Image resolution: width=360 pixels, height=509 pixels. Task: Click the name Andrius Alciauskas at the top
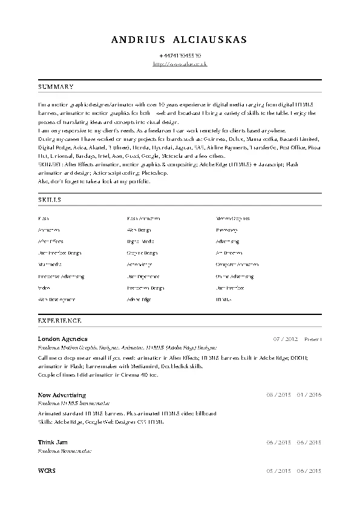point(180,40)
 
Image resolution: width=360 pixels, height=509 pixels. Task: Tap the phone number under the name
point(180,56)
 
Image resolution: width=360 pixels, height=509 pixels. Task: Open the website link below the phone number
point(180,63)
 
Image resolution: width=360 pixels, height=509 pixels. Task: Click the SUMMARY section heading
point(56,87)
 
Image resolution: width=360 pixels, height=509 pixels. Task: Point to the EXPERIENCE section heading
point(59,319)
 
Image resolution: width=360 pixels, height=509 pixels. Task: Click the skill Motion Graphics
point(233,218)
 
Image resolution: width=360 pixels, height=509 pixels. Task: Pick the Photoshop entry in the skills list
point(227,230)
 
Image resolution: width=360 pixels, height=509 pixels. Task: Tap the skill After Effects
point(51,241)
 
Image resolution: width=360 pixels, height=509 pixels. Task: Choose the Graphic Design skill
point(142,253)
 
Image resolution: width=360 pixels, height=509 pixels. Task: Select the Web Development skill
point(57,299)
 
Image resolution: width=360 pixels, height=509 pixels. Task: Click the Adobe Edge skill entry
point(139,299)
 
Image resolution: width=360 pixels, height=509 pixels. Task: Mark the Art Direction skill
point(229,253)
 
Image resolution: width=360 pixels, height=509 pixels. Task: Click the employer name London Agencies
point(62,339)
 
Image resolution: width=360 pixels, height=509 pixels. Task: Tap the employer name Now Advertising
point(62,395)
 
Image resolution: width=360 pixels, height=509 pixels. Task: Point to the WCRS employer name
point(46,470)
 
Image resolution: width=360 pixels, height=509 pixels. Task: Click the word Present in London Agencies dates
point(313,339)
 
